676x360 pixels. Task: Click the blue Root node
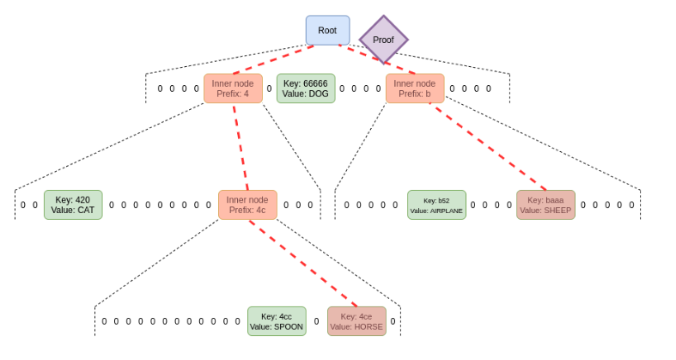coord(327,30)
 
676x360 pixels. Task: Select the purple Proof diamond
coord(383,40)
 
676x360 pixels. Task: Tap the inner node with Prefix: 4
coord(233,88)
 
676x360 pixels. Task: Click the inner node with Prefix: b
coord(415,88)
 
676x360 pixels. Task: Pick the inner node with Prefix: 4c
coord(247,204)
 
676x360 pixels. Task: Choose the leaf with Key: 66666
coord(306,88)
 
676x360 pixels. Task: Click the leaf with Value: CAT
coord(73,204)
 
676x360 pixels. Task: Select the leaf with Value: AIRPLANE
coord(436,205)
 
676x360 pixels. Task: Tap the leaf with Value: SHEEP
coord(545,204)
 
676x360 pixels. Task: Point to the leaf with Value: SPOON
coord(277,321)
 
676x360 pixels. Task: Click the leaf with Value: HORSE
coord(356,321)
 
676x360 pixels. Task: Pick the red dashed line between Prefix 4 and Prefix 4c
coord(240,146)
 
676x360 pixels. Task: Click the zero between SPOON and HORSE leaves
coord(316,321)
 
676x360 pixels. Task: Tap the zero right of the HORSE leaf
coord(393,321)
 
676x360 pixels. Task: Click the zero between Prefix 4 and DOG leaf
coord(269,88)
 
